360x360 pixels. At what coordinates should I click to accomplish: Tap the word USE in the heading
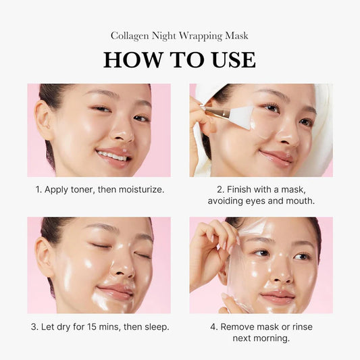tap(232, 60)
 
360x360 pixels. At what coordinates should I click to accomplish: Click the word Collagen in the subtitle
tap(132, 35)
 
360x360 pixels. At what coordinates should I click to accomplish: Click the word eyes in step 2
tap(260, 201)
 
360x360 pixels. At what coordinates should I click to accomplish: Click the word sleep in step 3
tap(155, 327)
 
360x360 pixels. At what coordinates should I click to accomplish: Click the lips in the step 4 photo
tap(278, 297)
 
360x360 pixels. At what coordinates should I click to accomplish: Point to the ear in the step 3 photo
tap(45, 257)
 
